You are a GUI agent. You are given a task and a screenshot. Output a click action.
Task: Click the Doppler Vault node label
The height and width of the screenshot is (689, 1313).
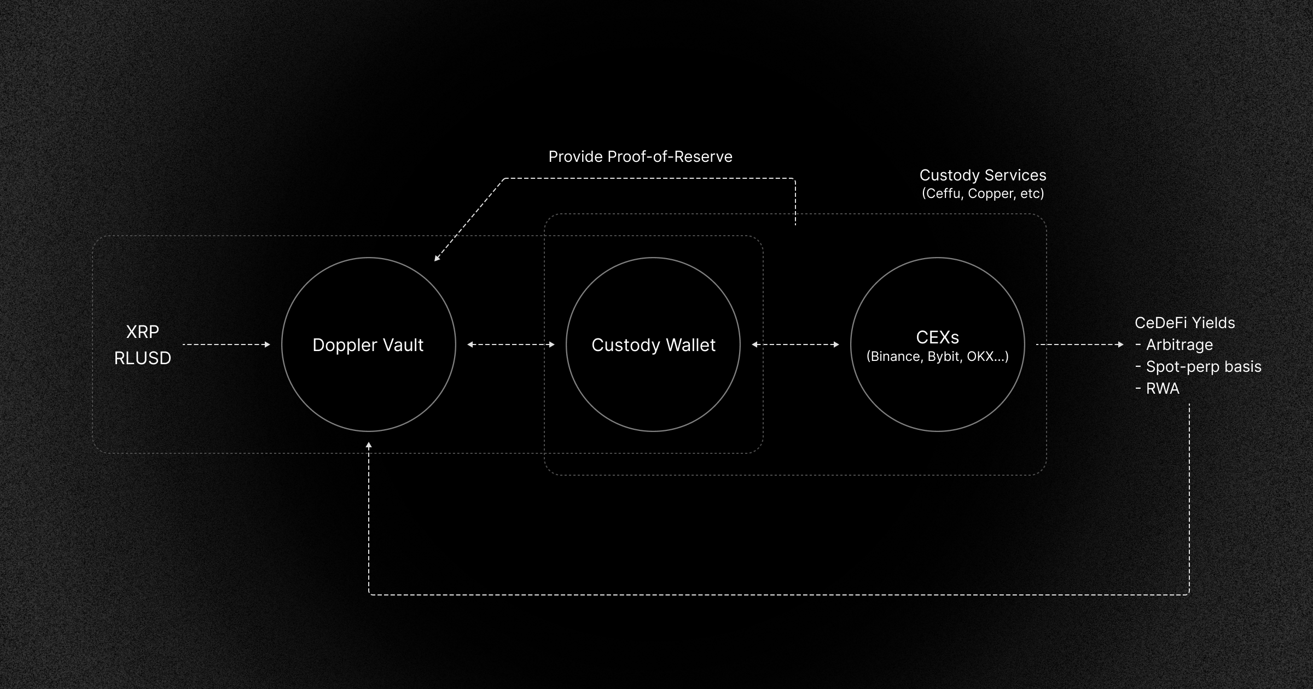368,345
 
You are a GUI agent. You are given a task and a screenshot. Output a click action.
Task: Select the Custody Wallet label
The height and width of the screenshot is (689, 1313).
653,345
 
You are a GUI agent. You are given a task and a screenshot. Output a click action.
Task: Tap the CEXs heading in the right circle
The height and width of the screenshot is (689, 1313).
937,337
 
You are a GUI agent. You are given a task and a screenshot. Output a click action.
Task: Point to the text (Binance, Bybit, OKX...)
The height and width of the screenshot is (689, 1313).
937,357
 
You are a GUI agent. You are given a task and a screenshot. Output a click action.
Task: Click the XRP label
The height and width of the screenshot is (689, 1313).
142,332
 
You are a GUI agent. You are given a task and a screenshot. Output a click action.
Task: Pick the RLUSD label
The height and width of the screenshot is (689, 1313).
142,358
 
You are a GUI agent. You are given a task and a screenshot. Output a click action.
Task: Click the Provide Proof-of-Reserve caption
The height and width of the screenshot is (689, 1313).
640,157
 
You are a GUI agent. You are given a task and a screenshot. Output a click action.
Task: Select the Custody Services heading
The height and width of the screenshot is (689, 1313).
983,175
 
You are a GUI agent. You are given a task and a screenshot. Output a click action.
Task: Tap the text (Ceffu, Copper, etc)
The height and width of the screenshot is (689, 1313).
983,194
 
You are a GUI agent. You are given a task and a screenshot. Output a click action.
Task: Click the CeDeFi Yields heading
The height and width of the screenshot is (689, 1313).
1184,323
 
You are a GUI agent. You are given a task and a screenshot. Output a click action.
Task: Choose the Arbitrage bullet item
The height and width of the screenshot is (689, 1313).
1179,345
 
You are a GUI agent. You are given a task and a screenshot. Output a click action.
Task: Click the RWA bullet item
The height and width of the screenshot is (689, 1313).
1162,389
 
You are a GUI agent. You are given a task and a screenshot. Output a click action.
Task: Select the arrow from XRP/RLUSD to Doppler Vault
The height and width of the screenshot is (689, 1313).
226,344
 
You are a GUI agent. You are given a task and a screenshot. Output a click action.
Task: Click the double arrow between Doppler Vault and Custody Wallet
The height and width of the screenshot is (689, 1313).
511,344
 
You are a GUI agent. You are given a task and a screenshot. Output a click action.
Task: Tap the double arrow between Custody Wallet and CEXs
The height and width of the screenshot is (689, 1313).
795,344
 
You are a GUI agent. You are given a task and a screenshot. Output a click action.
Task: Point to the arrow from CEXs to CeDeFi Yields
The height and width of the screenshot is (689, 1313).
1079,344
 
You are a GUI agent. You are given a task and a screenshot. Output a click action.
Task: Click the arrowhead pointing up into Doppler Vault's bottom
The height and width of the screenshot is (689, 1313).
369,446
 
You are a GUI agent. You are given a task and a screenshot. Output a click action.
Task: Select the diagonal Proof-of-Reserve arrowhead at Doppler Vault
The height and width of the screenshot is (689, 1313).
437,258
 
